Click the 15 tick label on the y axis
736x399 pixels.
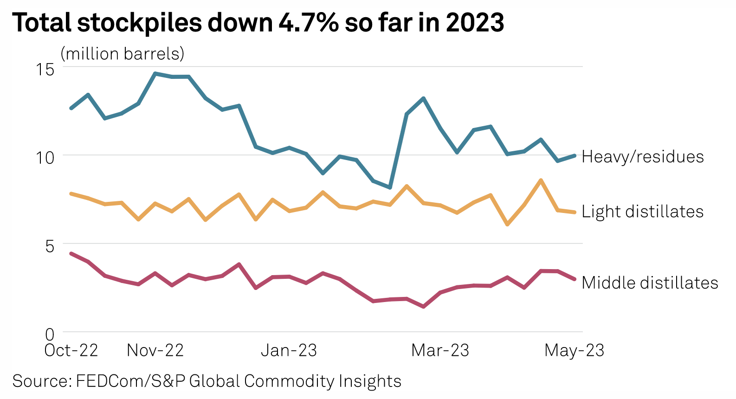coord(45,70)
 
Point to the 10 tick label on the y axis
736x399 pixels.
coord(45,157)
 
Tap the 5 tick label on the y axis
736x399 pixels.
coord(50,246)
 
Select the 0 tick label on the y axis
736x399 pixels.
coord(50,334)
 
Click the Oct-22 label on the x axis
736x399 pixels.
coord(71,350)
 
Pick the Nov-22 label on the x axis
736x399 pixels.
coord(155,350)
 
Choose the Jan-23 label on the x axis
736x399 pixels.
coord(289,350)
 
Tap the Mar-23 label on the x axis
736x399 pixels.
coord(440,350)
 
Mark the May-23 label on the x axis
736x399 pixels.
coord(574,350)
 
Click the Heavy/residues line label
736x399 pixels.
coord(642,157)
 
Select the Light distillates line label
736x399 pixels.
coord(642,212)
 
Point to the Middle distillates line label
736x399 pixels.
coord(650,283)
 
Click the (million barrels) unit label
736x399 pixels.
coord(123,54)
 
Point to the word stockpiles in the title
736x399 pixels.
coord(139,23)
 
